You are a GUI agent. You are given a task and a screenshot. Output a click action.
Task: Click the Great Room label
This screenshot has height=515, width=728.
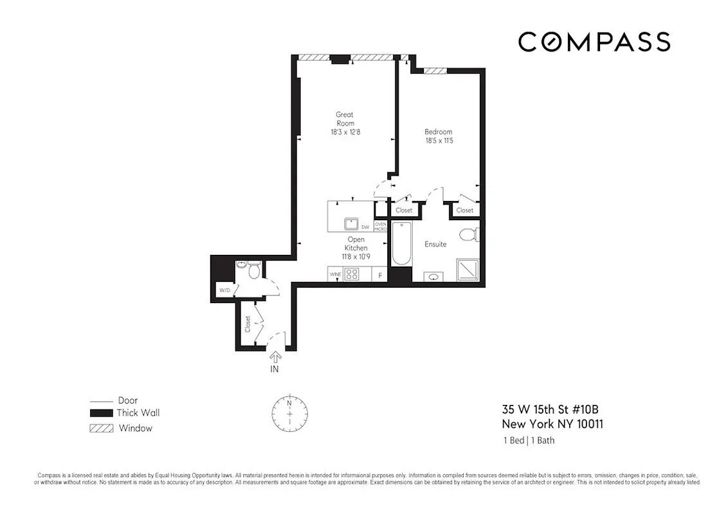click(x=345, y=119)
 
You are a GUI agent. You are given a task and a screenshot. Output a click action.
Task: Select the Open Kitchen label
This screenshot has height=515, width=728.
click(x=356, y=244)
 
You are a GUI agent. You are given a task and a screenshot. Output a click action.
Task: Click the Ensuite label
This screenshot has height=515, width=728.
click(x=435, y=245)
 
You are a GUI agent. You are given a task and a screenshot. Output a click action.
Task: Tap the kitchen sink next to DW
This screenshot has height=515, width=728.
click(x=351, y=224)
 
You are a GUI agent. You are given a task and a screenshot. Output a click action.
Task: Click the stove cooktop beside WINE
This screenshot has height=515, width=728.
click(x=352, y=274)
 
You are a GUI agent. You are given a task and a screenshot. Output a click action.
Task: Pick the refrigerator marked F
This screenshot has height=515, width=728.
click(x=380, y=276)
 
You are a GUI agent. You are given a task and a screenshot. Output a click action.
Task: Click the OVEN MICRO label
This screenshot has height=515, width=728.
click(x=381, y=227)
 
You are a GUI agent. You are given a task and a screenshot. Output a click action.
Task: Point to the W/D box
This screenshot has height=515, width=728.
click(x=224, y=290)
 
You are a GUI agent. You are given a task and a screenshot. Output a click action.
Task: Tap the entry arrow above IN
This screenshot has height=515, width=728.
click(x=275, y=356)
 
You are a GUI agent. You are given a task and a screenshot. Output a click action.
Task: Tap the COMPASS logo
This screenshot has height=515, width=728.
click(x=594, y=42)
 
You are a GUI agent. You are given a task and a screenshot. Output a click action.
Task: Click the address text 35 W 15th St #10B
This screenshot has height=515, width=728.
click(x=552, y=409)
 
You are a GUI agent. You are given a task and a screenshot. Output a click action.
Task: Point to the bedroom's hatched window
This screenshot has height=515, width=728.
click(x=435, y=71)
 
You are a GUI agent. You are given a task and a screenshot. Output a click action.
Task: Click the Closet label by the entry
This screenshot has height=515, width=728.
click(x=248, y=324)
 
